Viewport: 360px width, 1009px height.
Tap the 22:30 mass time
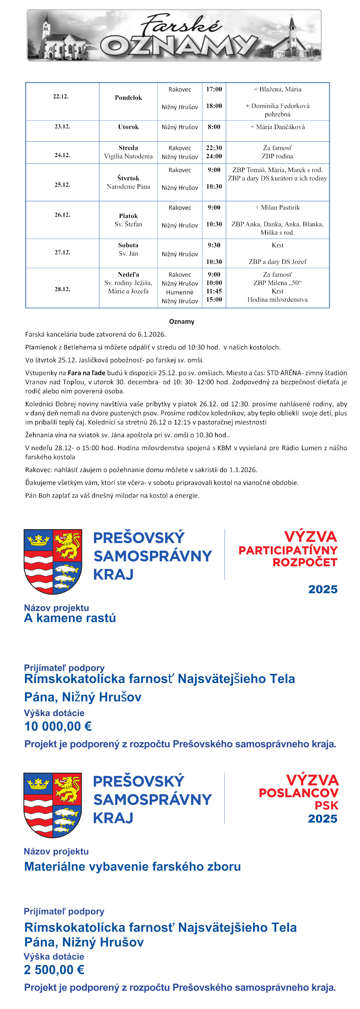pos(214,148)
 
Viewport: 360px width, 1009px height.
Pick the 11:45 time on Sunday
pos(214,291)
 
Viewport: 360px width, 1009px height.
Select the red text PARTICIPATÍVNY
pos(288,550)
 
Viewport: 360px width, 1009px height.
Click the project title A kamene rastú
pos(70,618)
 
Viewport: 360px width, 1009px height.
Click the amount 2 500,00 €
pos(54,969)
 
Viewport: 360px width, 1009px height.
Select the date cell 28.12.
pos(62,289)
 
